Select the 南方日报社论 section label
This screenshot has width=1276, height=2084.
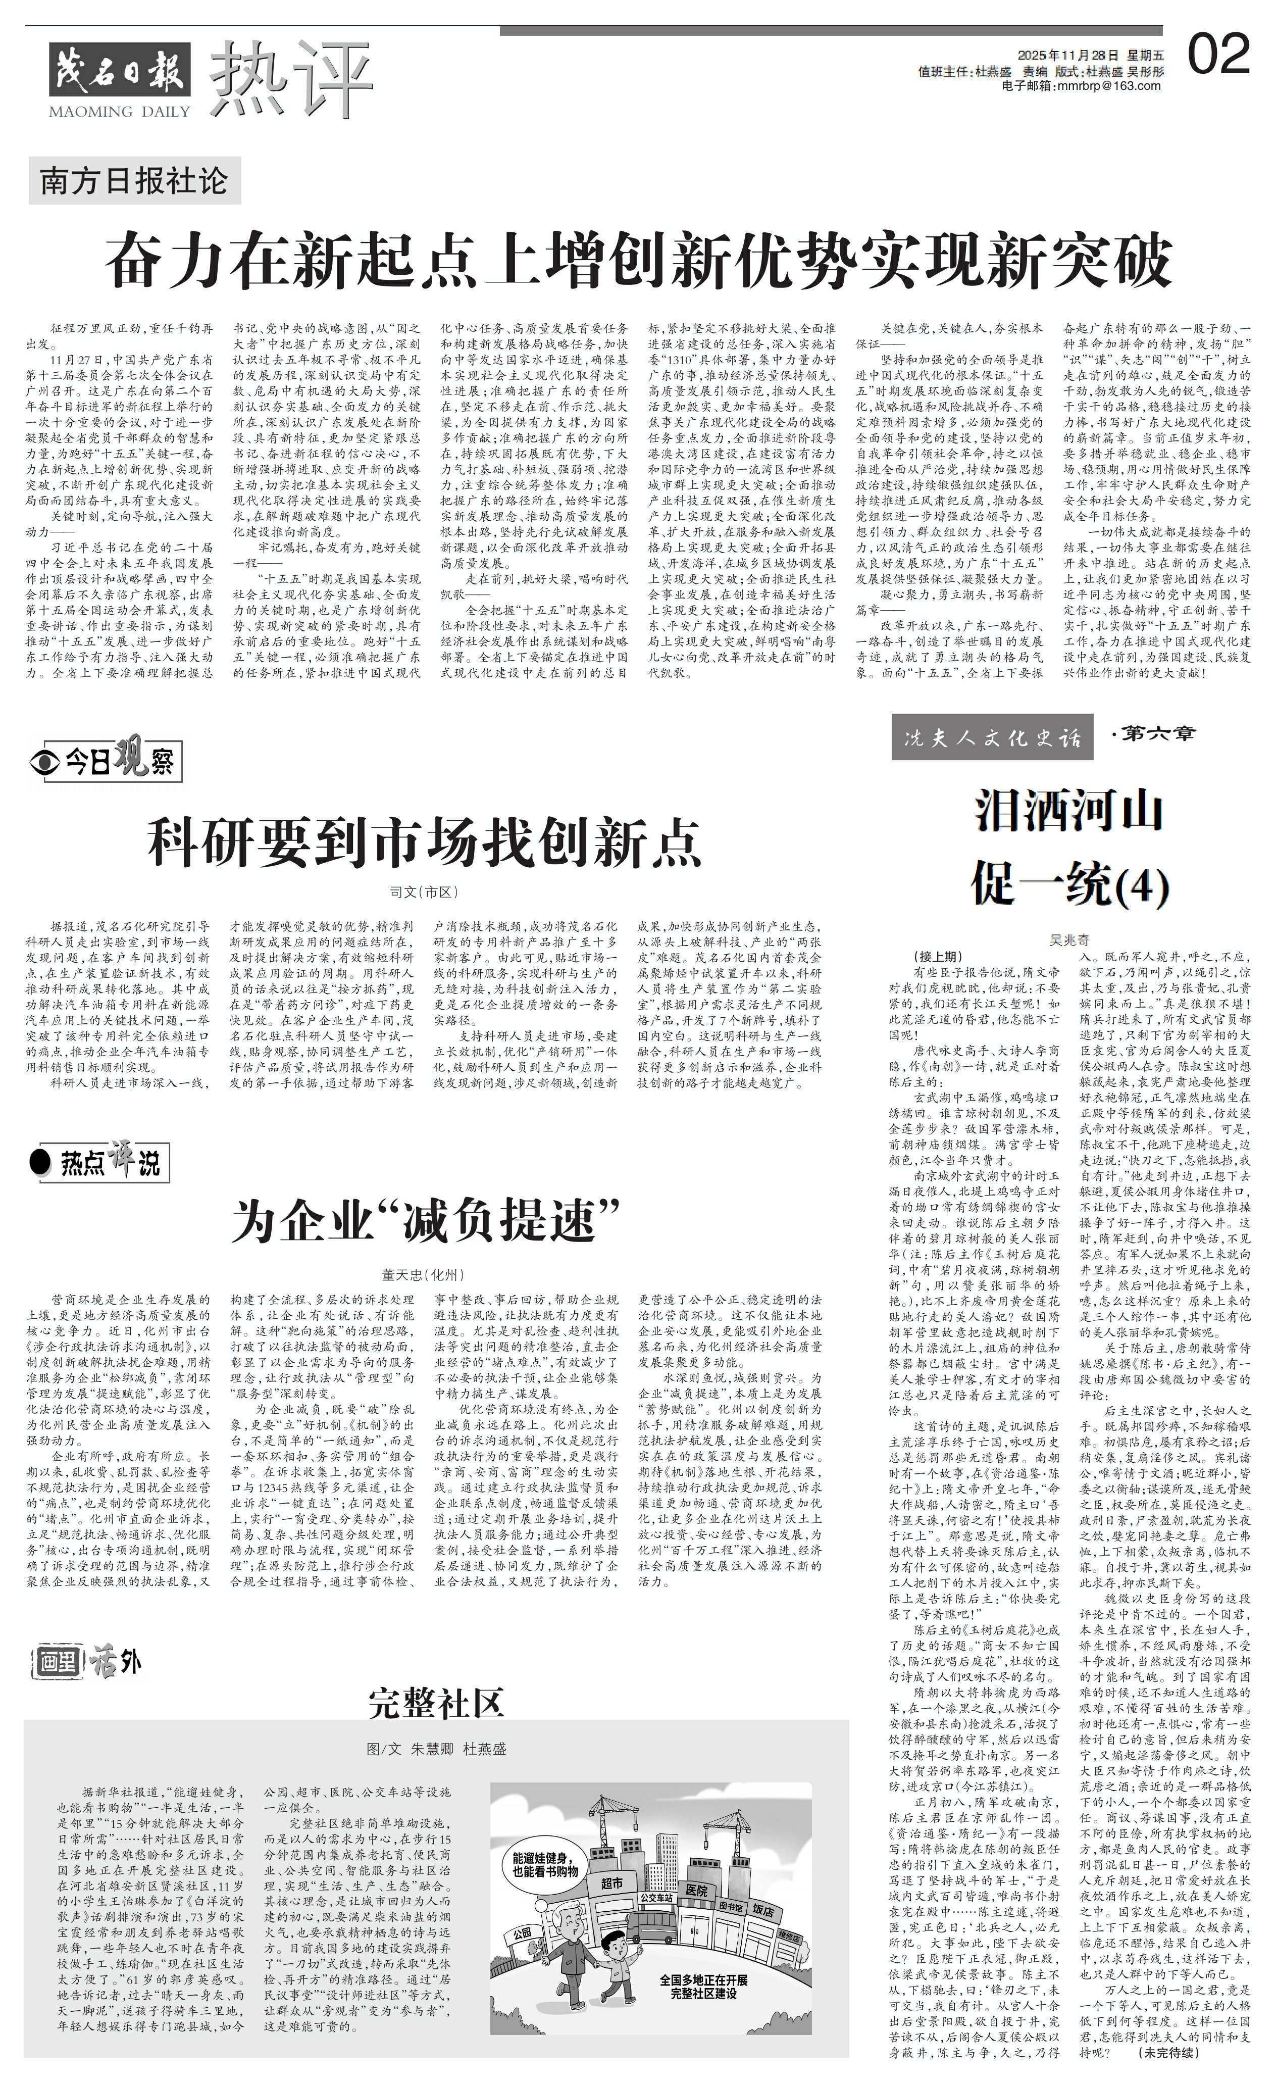134,181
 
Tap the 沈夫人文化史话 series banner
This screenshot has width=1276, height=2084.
992,737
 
